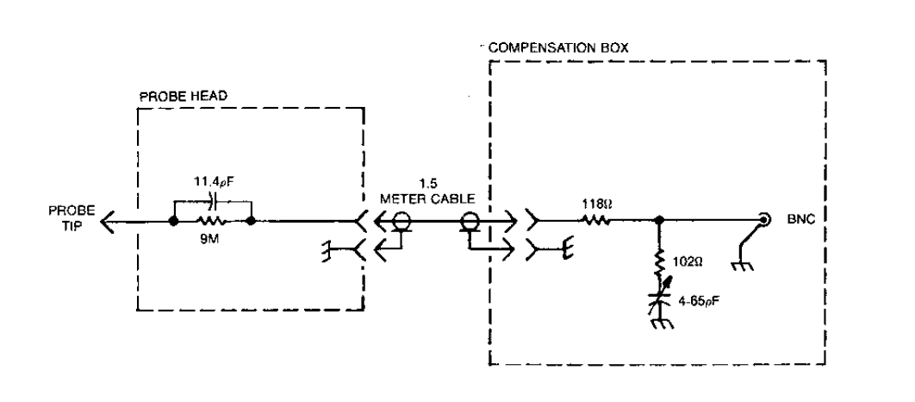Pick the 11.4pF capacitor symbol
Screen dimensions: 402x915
pos(212,201)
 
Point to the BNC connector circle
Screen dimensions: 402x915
pos(762,220)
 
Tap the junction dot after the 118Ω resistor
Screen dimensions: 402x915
pos(660,222)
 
